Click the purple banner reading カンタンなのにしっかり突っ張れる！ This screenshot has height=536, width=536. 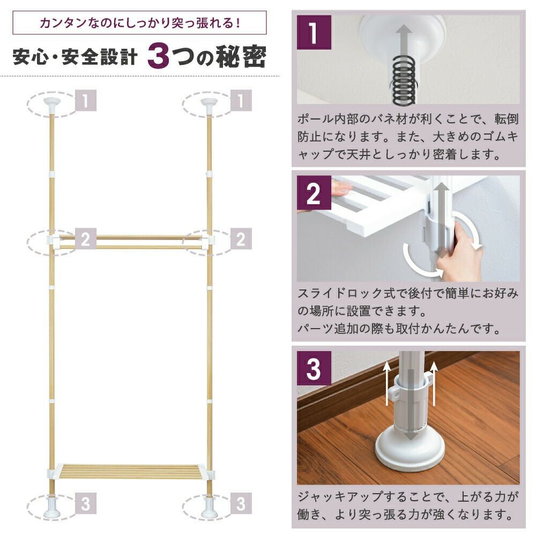point(139,24)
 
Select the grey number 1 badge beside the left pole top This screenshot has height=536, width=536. point(85,101)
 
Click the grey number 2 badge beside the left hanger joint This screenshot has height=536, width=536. point(85,240)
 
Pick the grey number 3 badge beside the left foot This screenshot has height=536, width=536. point(85,504)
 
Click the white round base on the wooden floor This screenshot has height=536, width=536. point(410,450)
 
